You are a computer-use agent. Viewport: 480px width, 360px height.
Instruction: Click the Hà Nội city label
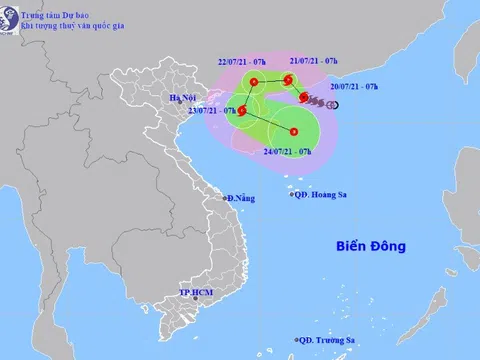point(183,96)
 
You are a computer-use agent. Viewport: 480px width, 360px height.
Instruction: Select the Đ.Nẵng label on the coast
point(240,198)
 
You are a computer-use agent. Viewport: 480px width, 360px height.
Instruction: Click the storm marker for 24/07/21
point(294,131)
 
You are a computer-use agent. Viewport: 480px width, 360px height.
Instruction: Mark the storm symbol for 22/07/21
point(254,82)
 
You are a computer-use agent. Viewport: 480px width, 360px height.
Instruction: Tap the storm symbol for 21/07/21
point(288,80)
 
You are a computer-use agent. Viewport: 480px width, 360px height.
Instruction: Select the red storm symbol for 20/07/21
point(304,97)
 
